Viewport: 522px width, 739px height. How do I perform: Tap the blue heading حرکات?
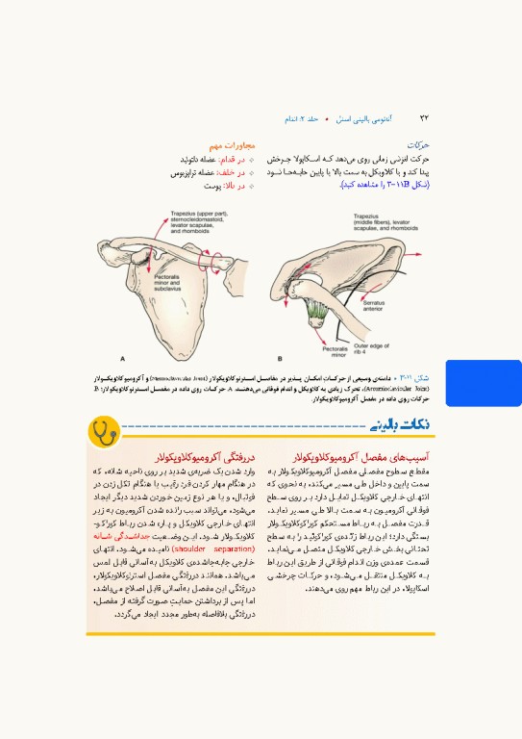[417, 143]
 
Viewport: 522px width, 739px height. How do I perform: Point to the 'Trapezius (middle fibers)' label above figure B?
[384, 222]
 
